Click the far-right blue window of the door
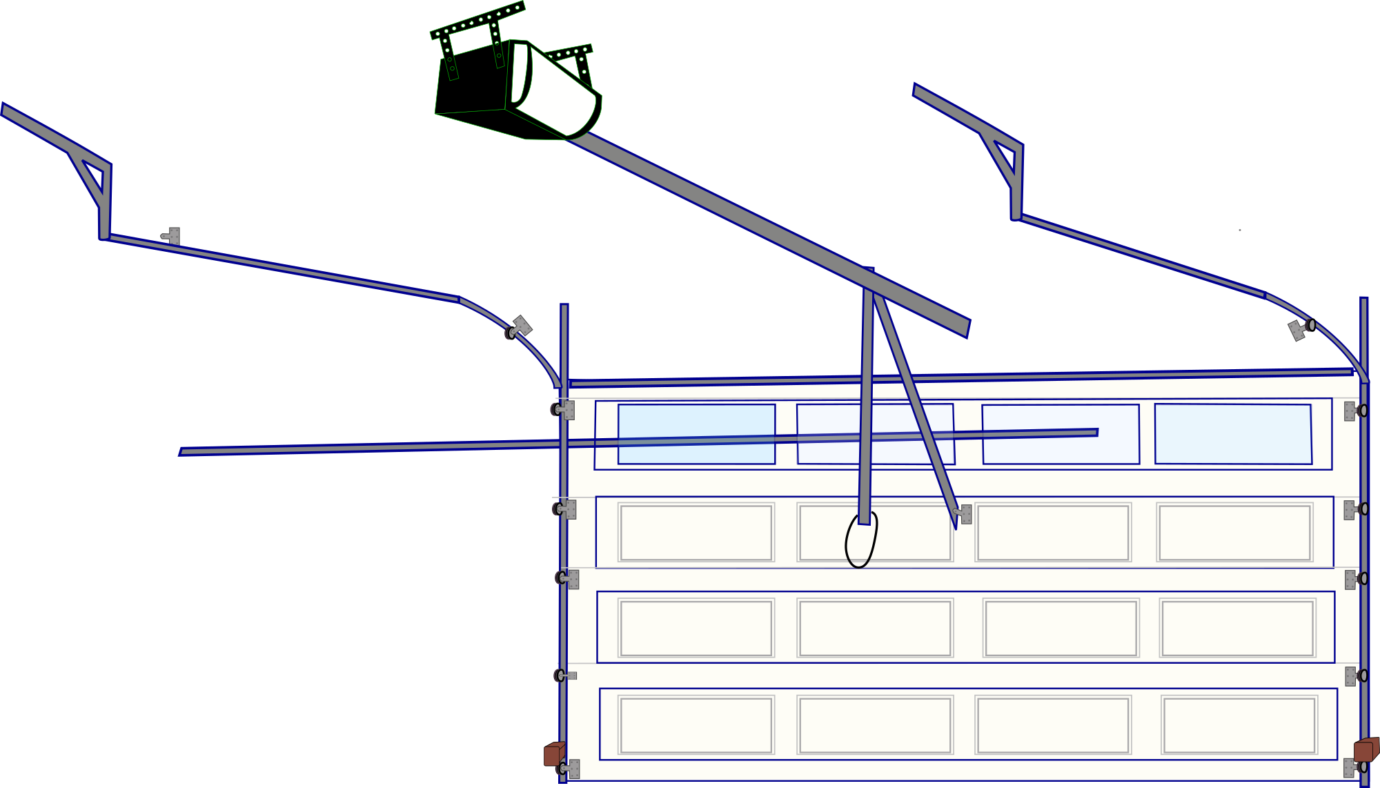[1233, 433]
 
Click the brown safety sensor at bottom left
[553, 753]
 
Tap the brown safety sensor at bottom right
[1366, 750]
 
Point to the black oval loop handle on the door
[860, 542]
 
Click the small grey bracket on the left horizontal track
[171, 236]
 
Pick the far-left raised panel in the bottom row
[696, 725]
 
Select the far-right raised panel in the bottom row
[1239, 725]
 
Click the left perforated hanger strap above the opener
[448, 55]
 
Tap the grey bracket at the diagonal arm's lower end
[964, 514]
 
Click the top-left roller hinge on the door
[563, 410]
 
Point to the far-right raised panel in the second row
[1234, 533]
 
